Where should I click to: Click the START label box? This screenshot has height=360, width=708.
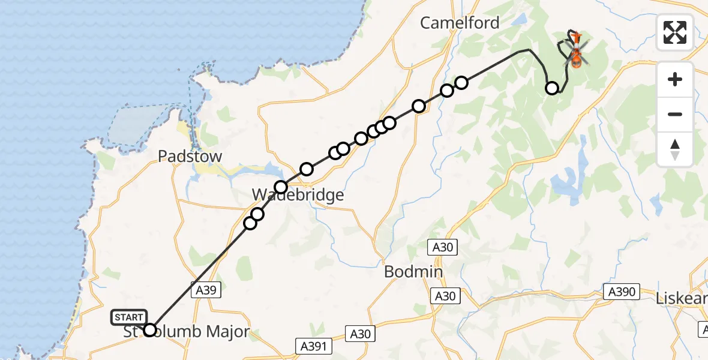(x=129, y=317)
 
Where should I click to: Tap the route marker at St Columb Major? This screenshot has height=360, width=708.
(x=150, y=330)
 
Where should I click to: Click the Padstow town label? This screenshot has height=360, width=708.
(x=190, y=157)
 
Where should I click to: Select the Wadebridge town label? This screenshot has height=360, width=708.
(x=298, y=195)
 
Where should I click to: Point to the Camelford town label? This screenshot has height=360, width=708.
(x=460, y=23)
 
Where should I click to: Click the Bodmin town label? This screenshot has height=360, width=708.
(x=413, y=272)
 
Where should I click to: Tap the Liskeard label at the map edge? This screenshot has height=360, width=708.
(x=682, y=298)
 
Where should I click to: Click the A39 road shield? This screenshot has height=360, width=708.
(x=206, y=290)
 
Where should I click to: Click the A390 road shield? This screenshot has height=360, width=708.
(x=621, y=292)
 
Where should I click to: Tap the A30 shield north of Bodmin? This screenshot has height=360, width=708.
(x=442, y=247)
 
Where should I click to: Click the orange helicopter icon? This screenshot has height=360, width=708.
(x=575, y=52)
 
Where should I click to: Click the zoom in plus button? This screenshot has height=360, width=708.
(x=675, y=79)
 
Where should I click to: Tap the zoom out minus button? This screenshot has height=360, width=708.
(x=675, y=114)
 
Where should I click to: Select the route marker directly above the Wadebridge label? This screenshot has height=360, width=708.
(x=281, y=187)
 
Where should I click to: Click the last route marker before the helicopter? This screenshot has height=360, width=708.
(x=552, y=89)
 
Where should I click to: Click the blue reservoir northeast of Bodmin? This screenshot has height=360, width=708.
(x=566, y=180)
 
